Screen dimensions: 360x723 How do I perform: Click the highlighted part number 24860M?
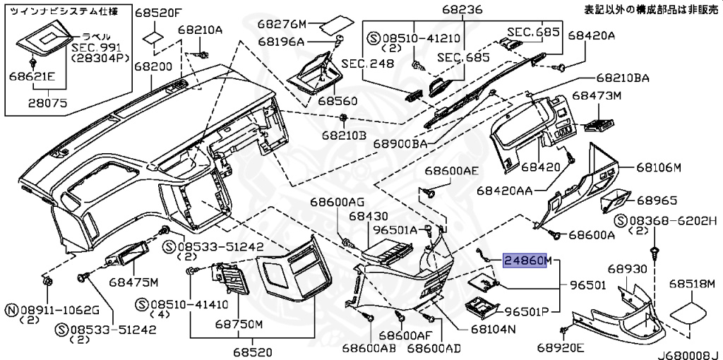(526, 262)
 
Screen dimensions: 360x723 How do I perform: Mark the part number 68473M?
(596, 95)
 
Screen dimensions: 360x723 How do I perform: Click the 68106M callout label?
(658, 167)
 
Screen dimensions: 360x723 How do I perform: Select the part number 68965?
(657, 200)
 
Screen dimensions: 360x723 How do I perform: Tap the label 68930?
(628, 270)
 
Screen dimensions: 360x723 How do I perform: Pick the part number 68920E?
(561, 347)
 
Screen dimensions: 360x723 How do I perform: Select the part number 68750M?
(239, 324)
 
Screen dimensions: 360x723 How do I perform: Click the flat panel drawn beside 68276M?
(337, 26)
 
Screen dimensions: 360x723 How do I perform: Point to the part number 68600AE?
(451, 171)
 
